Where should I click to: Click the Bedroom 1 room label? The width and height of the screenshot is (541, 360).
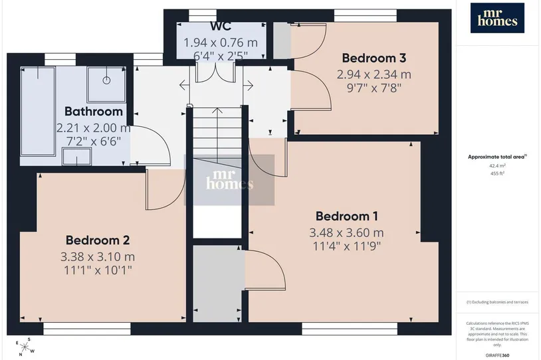tap(347, 217)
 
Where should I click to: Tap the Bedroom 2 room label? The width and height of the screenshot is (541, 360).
tap(98, 240)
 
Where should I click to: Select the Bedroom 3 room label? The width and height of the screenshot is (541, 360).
tap(374, 58)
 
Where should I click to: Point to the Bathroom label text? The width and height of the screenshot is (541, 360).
tap(94, 112)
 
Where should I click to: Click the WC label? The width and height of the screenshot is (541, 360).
tap(221, 26)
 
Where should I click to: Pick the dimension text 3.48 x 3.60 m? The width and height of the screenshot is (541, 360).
tap(346, 232)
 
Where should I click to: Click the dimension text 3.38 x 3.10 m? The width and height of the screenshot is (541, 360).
tap(98, 257)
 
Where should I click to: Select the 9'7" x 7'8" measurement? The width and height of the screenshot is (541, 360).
tap(374, 88)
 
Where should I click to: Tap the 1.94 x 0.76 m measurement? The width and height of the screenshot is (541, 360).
tap(221, 43)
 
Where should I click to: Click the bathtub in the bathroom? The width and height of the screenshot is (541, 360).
tap(38, 112)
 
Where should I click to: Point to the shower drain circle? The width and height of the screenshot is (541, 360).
tap(106, 80)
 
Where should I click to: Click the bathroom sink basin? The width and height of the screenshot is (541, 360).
tap(76, 157)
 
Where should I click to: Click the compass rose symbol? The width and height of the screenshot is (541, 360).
tap(25, 346)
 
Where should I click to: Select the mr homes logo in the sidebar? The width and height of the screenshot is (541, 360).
tap(497, 18)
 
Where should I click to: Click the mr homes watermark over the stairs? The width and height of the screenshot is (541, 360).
tap(230, 179)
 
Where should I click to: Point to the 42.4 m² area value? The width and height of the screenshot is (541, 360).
tap(497, 166)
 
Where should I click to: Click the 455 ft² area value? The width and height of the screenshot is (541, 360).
tap(497, 173)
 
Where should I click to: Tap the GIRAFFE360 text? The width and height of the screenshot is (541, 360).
tap(497, 355)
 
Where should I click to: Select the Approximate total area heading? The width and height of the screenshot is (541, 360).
tap(497, 157)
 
